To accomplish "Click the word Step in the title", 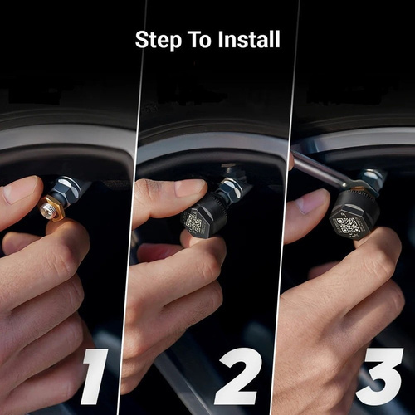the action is (x=159, y=40).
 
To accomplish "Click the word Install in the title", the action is (x=249, y=39).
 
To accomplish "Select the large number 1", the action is (x=94, y=377).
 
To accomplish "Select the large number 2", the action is (x=238, y=376).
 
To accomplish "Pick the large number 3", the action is (x=379, y=376).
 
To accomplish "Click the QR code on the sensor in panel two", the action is (x=193, y=222).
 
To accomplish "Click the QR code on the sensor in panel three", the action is (x=347, y=225).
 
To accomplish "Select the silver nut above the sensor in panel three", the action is (x=372, y=177).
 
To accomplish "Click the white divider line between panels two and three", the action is (x=286, y=207).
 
